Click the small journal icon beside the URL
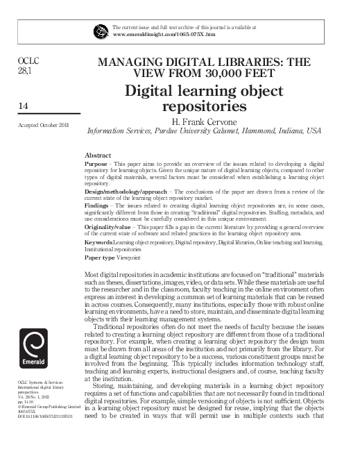[102, 30]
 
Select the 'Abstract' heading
[97, 154]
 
